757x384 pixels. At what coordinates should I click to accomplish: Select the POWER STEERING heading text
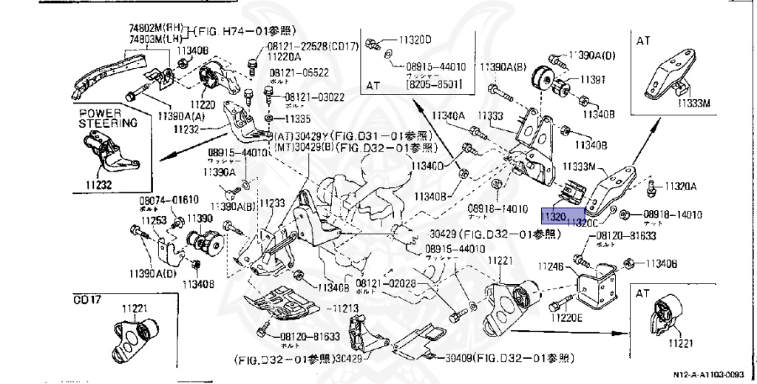(x=108, y=118)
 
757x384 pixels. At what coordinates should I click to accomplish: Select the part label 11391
(x=591, y=79)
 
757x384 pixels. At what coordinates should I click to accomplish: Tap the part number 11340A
(x=449, y=115)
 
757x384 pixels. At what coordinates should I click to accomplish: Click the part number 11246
(x=550, y=266)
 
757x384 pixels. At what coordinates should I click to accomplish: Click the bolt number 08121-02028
(x=385, y=283)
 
